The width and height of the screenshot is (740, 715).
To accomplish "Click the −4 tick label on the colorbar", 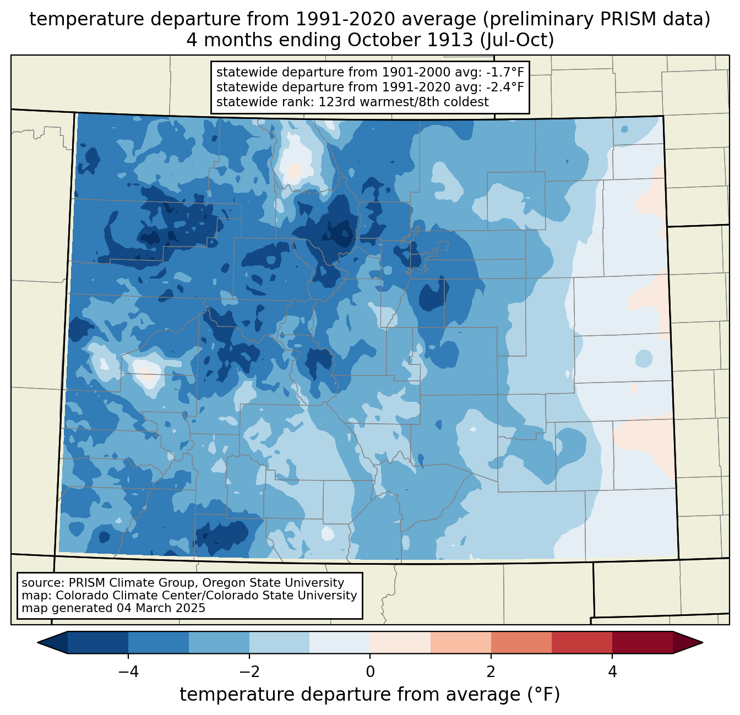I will point(128,672).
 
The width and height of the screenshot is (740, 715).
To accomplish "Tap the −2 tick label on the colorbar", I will point(249,672).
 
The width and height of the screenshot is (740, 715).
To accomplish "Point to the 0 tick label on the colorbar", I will point(370,672).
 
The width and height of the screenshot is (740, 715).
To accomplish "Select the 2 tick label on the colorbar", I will point(491,672).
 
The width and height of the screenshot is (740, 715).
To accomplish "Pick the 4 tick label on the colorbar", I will point(612,672).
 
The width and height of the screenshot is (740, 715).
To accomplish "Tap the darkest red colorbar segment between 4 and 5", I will point(642,642).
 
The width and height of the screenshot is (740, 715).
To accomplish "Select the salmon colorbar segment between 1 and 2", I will point(461,642).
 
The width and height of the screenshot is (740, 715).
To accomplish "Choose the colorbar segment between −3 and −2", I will point(219,642).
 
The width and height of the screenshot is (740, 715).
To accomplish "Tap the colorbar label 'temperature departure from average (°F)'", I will point(370,695).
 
